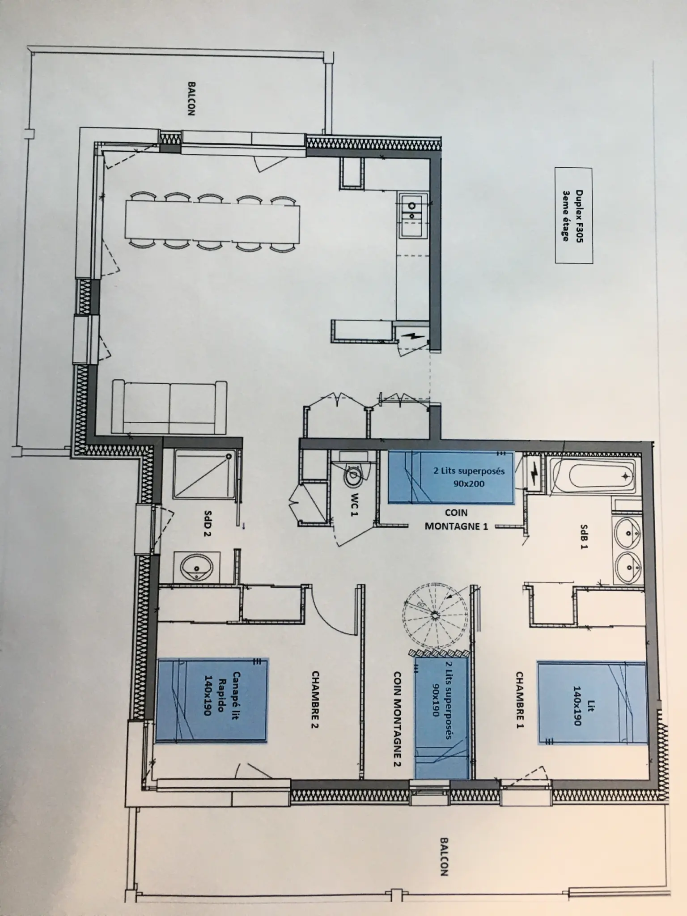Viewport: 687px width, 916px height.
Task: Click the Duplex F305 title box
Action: pyautogui.click(x=573, y=215)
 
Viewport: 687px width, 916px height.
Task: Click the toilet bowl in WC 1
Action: pyautogui.click(x=354, y=477)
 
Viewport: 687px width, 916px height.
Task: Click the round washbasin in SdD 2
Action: pyautogui.click(x=197, y=566)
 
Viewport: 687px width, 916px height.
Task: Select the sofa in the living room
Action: pyautogui.click(x=170, y=407)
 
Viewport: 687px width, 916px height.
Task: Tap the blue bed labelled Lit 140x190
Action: pyautogui.click(x=592, y=704)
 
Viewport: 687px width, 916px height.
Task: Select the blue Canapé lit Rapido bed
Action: pyautogui.click(x=212, y=700)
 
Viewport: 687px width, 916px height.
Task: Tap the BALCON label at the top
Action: pyautogui.click(x=191, y=98)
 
